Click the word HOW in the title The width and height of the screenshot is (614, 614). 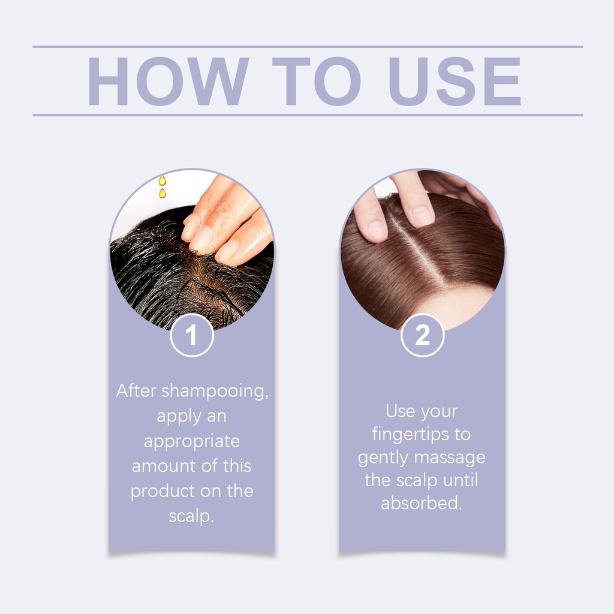pyautogui.click(x=168, y=81)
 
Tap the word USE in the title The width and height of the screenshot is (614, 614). pyautogui.click(x=455, y=81)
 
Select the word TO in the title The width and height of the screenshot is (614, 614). pyautogui.click(x=317, y=81)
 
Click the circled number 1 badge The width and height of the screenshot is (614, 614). pyautogui.click(x=192, y=335)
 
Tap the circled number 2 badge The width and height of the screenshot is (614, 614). pyautogui.click(x=422, y=335)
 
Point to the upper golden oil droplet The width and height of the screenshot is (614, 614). pyautogui.click(x=162, y=180)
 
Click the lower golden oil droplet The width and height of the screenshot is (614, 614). pyautogui.click(x=162, y=193)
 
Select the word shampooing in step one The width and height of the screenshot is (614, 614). pyautogui.click(x=215, y=392)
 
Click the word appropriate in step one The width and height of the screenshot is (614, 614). pyautogui.click(x=191, y=442)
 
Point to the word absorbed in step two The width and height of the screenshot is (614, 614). pyautogui.click(x=422, y=503)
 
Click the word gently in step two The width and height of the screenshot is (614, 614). pyautogui.click(x=383, y=458)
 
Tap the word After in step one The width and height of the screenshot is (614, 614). pyautogui.click(x=136, y=390)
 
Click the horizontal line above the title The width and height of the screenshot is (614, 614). pyautogui.click(x=308, y=47)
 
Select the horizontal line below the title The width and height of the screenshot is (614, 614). pyautogui.click(x=308, y=115)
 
